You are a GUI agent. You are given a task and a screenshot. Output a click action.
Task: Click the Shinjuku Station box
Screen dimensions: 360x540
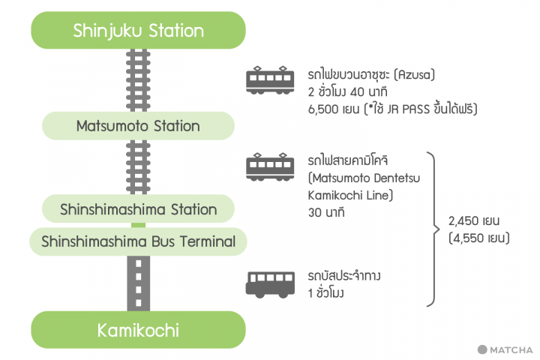click(x=138, y=31)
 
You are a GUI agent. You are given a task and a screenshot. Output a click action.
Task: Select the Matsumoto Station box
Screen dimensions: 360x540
click(x=138, y=125)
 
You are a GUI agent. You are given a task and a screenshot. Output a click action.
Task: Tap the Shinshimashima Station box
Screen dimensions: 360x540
click(x=138, y=209)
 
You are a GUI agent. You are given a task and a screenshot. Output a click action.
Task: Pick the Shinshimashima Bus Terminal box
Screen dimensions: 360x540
click(x=138, y=241)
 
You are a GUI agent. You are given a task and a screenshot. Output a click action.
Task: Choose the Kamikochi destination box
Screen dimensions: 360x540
click(x=138, y=330)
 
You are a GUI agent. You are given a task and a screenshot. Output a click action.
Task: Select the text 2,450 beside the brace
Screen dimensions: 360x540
click(x=465, y=222)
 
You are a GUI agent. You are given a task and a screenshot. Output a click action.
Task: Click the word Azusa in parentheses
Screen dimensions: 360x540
click(x=412, y=76)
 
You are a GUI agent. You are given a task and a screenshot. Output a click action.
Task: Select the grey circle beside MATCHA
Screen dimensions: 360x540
click(x=483, y=349)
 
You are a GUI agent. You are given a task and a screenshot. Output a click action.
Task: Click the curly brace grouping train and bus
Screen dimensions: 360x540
click(x=433, y=229)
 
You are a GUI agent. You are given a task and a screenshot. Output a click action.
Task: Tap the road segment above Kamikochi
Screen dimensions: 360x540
click(x=138, y=283)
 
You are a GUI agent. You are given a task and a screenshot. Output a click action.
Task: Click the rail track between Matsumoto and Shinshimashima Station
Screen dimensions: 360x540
click(x=138, y=166)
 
